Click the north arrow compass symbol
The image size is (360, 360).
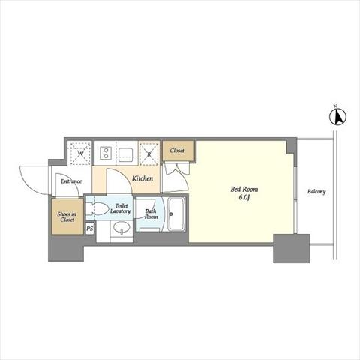point(337,116)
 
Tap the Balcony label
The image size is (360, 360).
point(316,192)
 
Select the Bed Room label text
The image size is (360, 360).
point(244,190)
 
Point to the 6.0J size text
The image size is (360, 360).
point(244,197)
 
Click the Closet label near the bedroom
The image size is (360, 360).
point(177,151)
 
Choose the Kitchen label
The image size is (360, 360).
point(142,178)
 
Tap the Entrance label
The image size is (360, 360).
point(71,181)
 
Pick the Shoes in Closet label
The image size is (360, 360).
point(67,217)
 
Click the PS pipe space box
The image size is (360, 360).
point(90,229)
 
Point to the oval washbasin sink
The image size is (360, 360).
point(121,227)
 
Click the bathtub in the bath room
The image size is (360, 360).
point(177,214)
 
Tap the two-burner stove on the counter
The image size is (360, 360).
point(106,153)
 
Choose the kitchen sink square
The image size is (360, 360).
point(125,154)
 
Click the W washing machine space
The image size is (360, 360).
point(80,154)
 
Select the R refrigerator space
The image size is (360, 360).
point(149,154)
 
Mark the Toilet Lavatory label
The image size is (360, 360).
point(121,208)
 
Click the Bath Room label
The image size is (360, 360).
point(151,214)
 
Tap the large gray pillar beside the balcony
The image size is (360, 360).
point(292,248)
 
